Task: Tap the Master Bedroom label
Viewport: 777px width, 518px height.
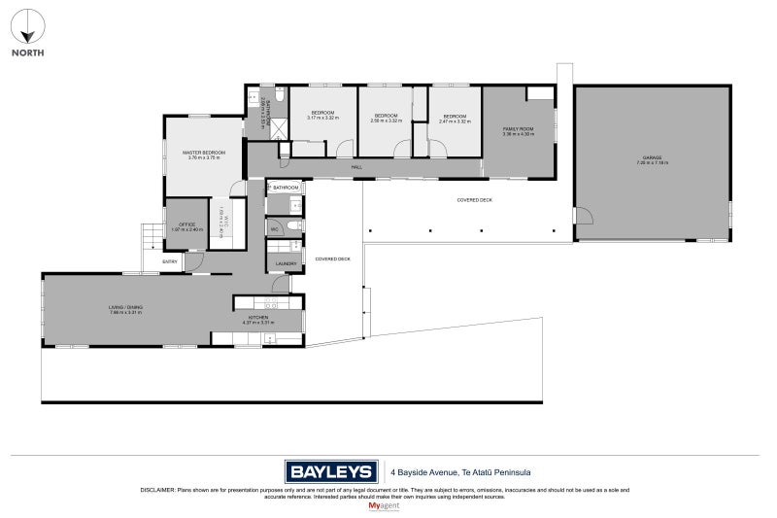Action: tap(204, 153)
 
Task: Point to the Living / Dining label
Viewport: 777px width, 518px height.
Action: tap(126, 308)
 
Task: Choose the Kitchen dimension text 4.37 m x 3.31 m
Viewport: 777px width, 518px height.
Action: tap(258, 323)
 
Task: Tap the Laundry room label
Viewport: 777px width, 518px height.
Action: tap(286, 263)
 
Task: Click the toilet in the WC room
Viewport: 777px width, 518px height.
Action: tap(295, 225)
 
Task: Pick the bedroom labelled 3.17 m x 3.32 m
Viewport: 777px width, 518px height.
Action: tap(322, 119)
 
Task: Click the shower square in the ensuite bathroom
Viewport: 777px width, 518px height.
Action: tap(278, 125)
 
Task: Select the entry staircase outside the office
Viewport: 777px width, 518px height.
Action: tap(152, 235)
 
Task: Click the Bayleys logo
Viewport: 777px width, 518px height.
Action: tap(331, 472)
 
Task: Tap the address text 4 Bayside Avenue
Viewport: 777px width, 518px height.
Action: tap(428, 473)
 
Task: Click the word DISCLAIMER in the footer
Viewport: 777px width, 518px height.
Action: tap(156, 491)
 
